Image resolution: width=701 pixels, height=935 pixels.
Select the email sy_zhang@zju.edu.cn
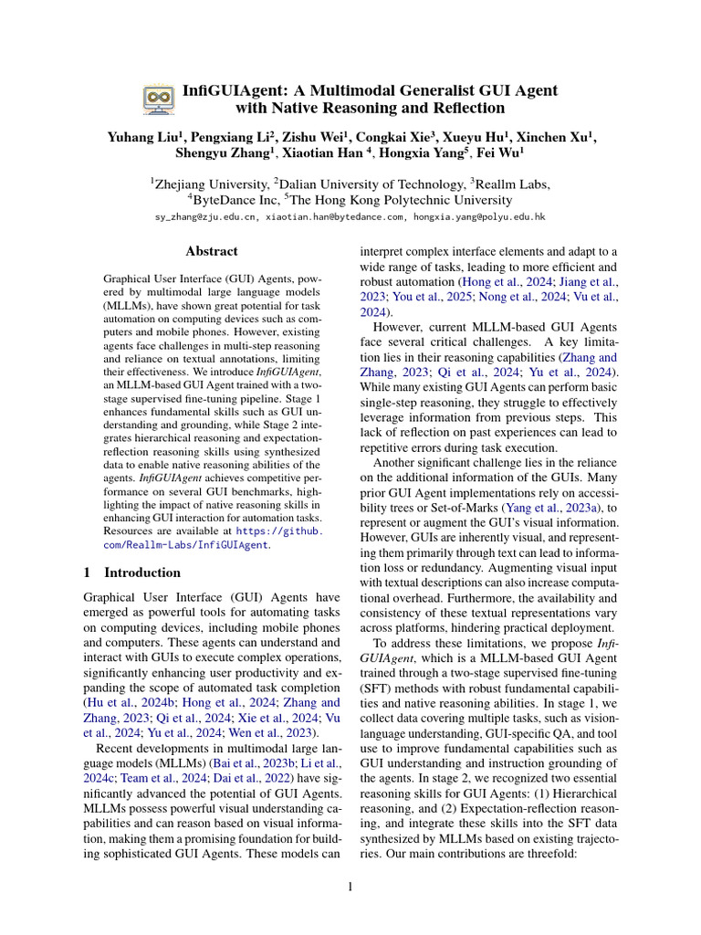[x=208, y=217]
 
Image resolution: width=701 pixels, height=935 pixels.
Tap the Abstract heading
[x=211, y=251]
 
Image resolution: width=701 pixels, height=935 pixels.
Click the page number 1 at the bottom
[x=350, y=885]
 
